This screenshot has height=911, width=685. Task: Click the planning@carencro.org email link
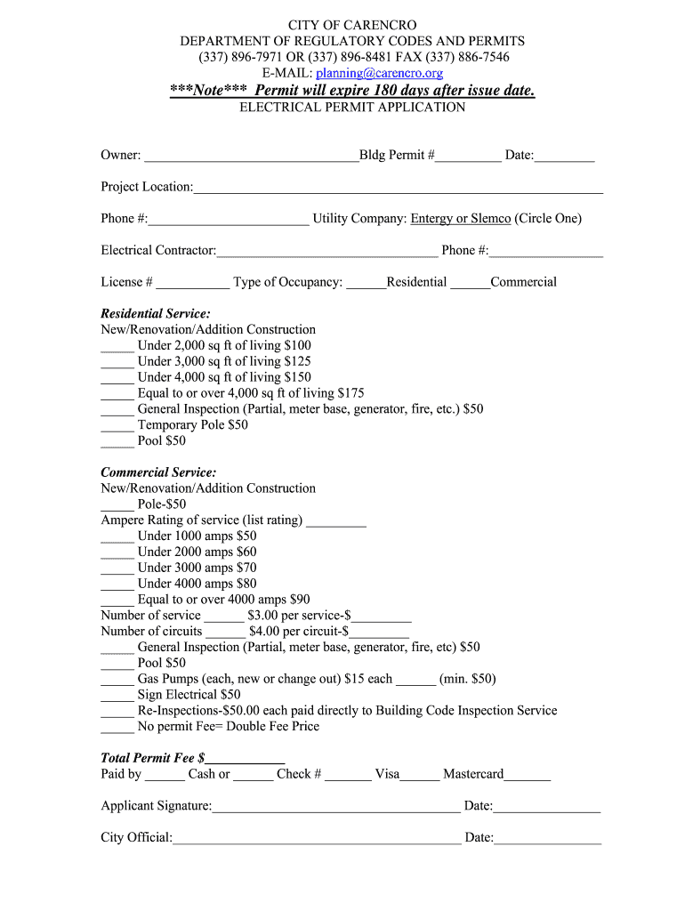tap(379, 73)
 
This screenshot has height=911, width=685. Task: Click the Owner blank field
tap(251, 157)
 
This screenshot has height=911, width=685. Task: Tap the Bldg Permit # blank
tap(468, 157)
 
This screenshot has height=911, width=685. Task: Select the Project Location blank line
tap(398, 189)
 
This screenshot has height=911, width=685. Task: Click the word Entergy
tap(431, 219)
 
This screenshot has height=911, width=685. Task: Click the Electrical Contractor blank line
tap(326, 252)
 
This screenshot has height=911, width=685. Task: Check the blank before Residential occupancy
tap(367, 284)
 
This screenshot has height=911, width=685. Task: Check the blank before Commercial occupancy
tap(470, 284)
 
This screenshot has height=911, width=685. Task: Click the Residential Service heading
tap(156, 314)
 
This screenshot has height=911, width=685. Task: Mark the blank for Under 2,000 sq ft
tap(117, 347)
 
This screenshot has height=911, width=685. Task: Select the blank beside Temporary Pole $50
tap(117, 426)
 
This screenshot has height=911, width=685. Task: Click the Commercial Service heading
tap(158, 472)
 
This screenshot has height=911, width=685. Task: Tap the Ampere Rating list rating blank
tap(336, 521)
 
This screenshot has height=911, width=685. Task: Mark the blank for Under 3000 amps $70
tap(117, 569)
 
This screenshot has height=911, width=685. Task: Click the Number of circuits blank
tap(225, 633)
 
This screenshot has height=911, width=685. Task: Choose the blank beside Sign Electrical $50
tap(117, 697)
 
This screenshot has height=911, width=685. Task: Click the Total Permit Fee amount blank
tap(245, 760)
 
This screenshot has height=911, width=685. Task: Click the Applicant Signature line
tap(336, 808)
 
